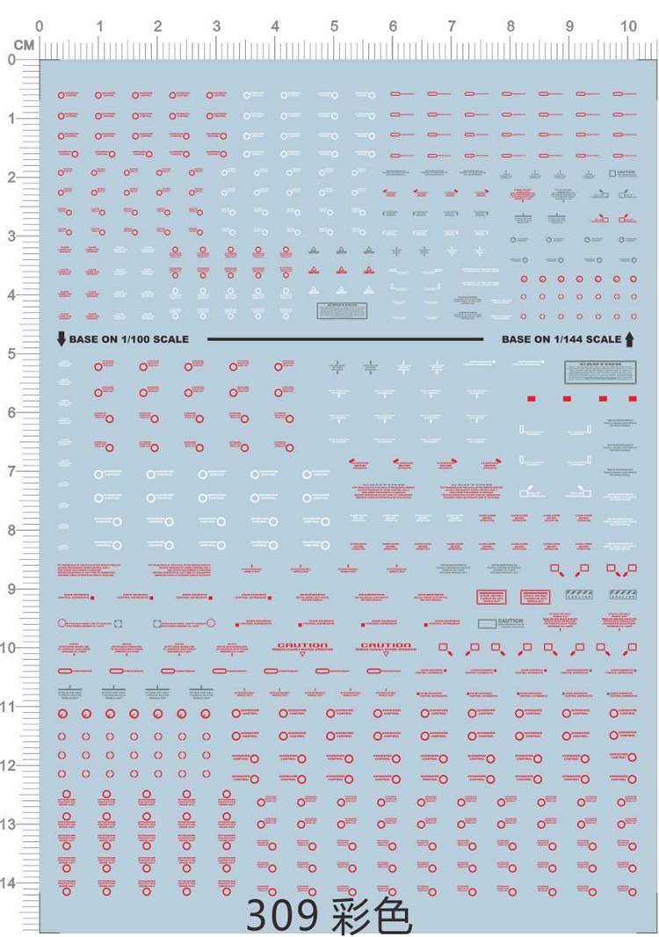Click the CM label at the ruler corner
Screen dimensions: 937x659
click(x=24, y=43)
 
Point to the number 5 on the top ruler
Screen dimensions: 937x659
click(x=334, y=26)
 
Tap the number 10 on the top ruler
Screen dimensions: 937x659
click(x=628, y=26)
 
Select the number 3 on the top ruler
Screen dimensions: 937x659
click(x=216, y=26)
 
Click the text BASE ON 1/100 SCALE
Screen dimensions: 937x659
click(x=128, y=338)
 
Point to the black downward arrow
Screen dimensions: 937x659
click(x=61, y=338)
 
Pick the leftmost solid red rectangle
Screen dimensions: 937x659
click(x=532, y=399)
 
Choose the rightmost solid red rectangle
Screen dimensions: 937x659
click(x=633, y=399)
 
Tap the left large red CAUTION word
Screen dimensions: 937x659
click(x=301, y=646)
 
